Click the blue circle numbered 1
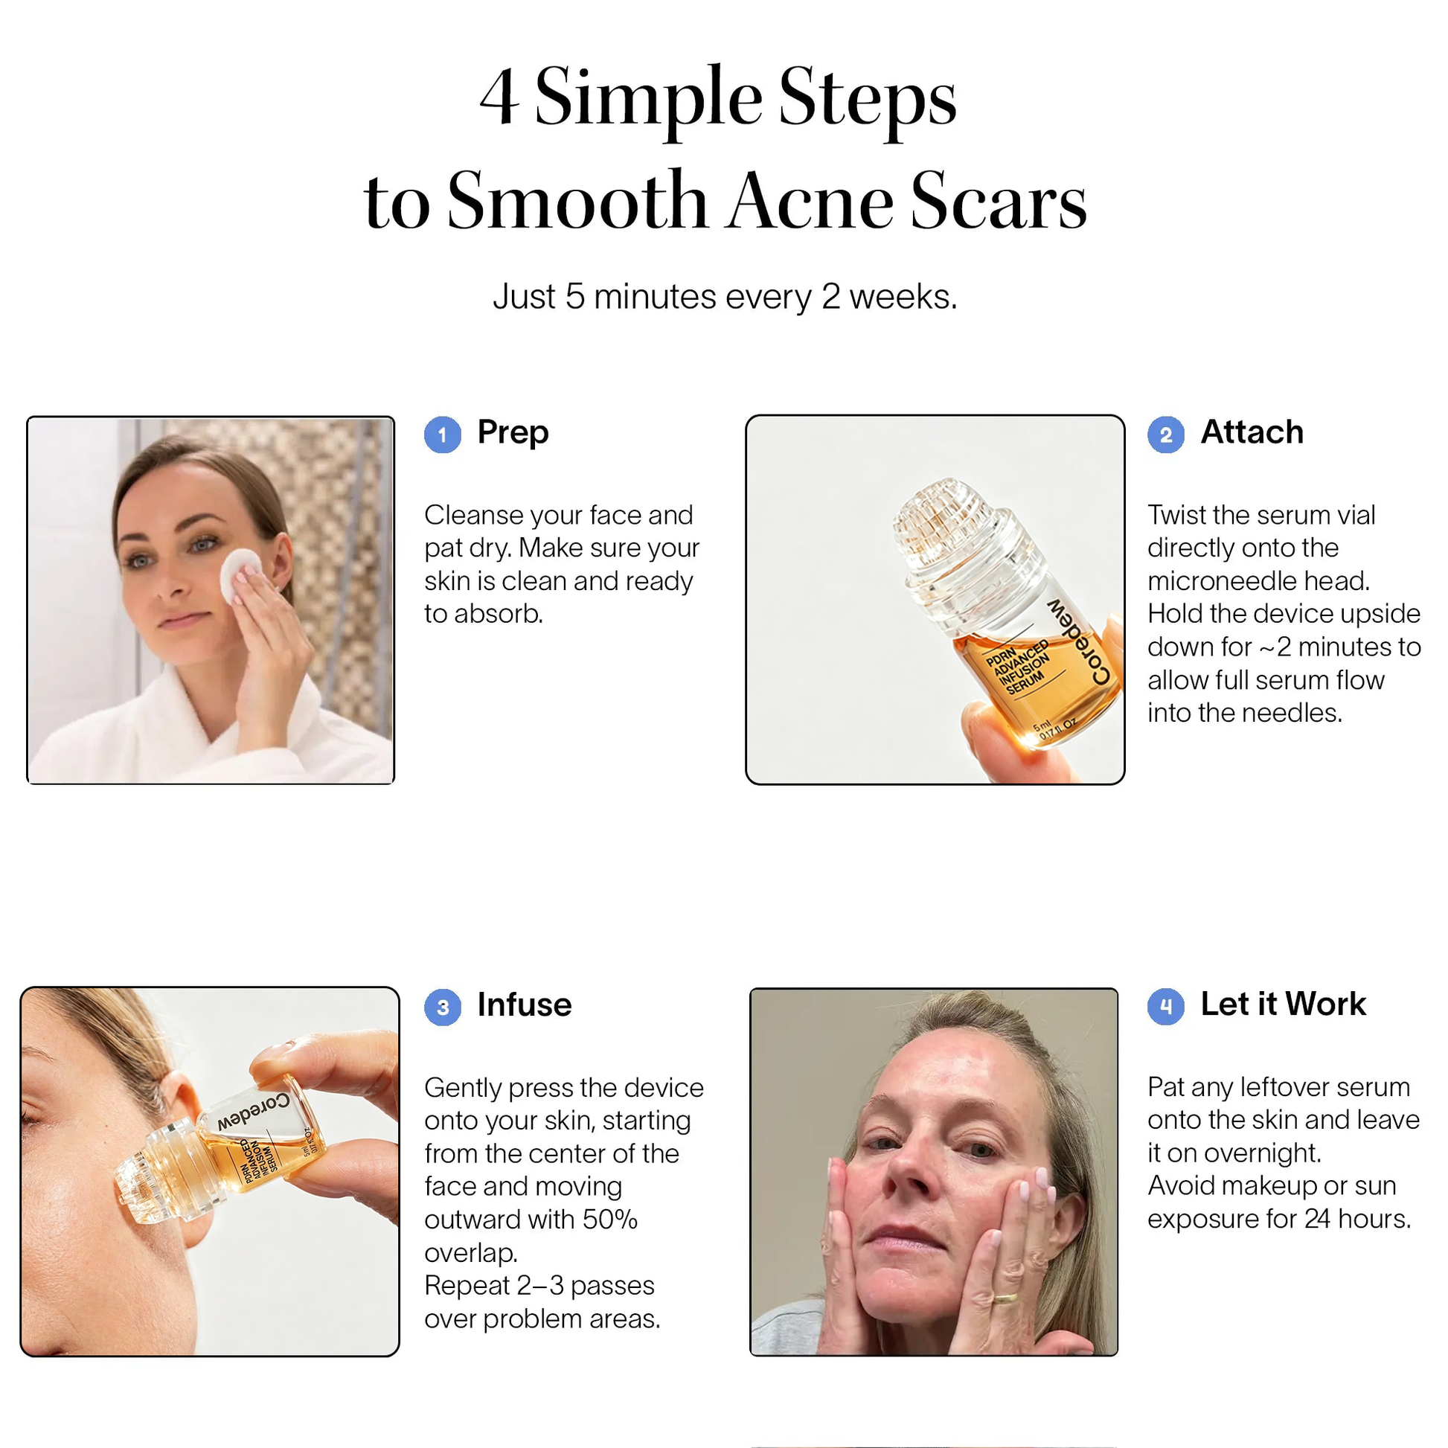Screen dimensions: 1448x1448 [x=442, y=435]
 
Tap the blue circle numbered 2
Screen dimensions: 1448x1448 [x=1165, y=435]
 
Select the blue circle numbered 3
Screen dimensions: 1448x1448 [x=442, y=1007]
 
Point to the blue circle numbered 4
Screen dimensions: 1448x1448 [x=1165, y=1007]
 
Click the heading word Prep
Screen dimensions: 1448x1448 [x=513, y=433]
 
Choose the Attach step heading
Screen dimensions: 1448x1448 [x=1252, y=432]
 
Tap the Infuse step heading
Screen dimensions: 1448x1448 [x=525, y=1005]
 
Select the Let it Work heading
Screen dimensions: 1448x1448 [x=1283, y=1005]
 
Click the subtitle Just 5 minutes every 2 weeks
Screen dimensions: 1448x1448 [x=725, y=297]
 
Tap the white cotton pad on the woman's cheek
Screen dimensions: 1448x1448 [x=239, y=575]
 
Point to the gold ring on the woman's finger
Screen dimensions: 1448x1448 [x=1005, y=1299]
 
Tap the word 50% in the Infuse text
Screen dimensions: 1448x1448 [x=610, y=1220]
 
